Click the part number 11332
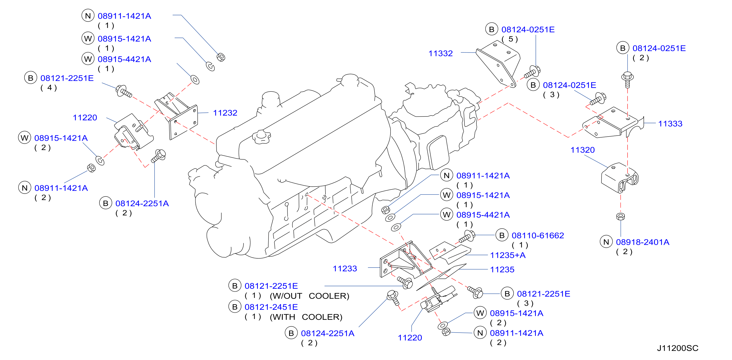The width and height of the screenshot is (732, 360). pyautogui.click(x=440, y=53)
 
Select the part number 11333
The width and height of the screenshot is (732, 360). pyautogui.click(x=670, y=124)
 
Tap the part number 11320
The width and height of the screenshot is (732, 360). pyautogui.click(x=583, y=150)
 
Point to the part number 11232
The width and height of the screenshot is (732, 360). pyautogui.click(x=225, y=113)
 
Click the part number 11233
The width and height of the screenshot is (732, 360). pyautogui.click(x=345, y=269)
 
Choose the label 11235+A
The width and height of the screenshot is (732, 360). pyautogui.click(x=508, y=255)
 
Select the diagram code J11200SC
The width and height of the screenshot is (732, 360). pyautogui.click(x=677, y=348)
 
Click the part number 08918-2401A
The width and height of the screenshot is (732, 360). pyautogui.click(x=643, y=242)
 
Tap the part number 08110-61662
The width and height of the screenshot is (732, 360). pyautogui.click(x=538, y=236)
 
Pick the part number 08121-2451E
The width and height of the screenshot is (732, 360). pyautogui.click(x=271, y=307)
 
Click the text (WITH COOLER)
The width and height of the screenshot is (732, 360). pyautogui.click(x=306, y=317)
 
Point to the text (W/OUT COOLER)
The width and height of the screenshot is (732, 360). pyautogui.click(x=309, y=296)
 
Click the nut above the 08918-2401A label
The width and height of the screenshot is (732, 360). pyautogui.click(x=621, y=217)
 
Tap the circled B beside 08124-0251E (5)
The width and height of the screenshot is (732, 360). pyautogui.click(x=492, y=29)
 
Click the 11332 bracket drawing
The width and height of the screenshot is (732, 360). pyautogui.click(x=498, y=64)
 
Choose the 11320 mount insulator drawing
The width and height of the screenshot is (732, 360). pyautogui.click(x=619, y=178)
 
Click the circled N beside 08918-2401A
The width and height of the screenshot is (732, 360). pyautogui.click(x=606, y=242)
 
